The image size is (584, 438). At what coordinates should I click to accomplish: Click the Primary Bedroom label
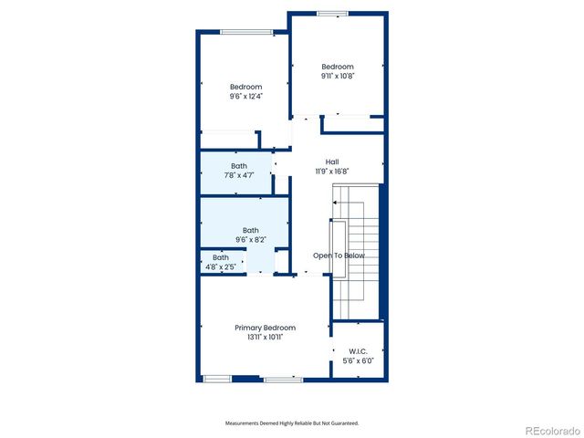[x=265, y=328]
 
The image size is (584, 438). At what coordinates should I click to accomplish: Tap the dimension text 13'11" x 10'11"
[x=265, y=338]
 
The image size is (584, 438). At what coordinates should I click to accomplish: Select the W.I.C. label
[x=357, y=350]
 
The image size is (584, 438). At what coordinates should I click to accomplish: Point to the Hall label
[x=332, y=162]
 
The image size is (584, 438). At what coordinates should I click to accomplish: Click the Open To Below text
[x=339, y=255]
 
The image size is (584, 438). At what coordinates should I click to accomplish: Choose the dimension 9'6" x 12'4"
[x=245, y=97]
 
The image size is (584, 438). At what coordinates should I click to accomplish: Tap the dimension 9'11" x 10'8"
[x=337, y=77]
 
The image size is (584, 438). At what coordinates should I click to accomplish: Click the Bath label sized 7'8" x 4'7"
[x=239, y=165]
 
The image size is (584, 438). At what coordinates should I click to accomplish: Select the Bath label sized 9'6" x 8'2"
[x=250, y=230]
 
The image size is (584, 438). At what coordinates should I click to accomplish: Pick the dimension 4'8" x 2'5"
[x=221, y=266]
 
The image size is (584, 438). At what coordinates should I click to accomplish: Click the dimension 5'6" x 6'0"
[x=357, y=360]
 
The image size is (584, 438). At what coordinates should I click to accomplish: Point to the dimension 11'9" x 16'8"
[x=332, y=171]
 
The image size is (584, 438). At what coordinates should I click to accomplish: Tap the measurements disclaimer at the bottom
[x=292, y=423]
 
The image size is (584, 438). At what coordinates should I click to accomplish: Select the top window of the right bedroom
[x=332, y=13]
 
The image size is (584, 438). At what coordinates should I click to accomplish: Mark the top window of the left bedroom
[x=246, y=32]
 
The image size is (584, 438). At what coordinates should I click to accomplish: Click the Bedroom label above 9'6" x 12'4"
[x=245, y=87]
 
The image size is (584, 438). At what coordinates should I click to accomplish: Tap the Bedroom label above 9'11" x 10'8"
[x=337, y=67]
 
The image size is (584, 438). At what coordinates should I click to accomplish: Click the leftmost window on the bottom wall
[x=216, y=379]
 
